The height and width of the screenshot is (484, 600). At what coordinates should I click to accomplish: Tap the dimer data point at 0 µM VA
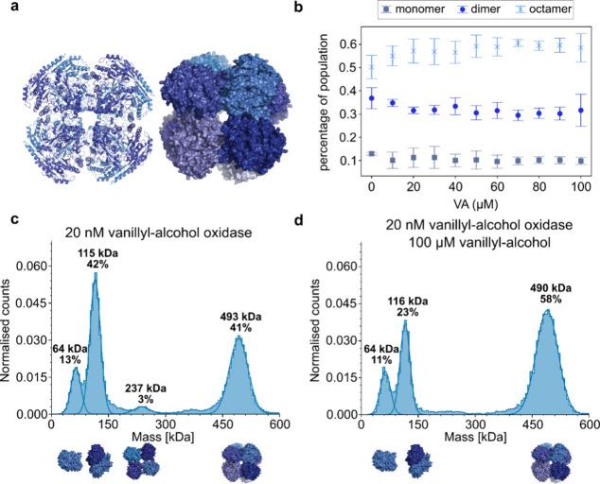click(374, 98)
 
